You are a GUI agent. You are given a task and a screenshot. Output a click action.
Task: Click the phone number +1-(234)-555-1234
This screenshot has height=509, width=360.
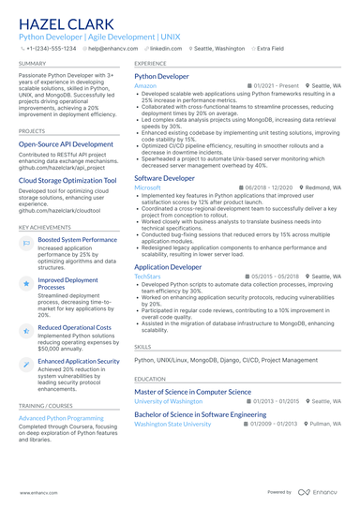(x=52, y=47)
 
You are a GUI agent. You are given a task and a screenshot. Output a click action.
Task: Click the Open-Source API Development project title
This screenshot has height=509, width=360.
(x=66, y=144)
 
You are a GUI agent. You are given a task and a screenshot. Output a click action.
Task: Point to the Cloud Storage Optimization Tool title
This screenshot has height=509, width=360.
(x=67, y=180)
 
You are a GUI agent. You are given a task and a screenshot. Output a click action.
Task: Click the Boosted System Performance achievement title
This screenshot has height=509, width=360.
(x=77, y=240)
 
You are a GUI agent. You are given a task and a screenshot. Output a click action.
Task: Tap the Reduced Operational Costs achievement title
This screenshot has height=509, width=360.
(x=74, y=328)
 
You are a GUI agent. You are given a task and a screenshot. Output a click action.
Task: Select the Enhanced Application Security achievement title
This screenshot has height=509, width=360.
(x=79, y=361)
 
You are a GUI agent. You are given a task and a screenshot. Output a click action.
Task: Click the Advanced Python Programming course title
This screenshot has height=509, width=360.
(x=61, y=417)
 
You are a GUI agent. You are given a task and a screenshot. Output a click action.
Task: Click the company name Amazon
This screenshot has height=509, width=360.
(x=145, y=85)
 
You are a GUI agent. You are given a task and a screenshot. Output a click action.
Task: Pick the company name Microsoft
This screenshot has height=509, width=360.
(x=148, y=187)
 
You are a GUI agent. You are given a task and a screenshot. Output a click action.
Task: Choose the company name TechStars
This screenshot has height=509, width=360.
(x=148, y=277)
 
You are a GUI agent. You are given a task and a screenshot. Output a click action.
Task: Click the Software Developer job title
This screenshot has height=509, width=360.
(x=165, y=177)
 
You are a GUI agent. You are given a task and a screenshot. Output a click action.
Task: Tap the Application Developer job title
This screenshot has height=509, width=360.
(x=168, y=266)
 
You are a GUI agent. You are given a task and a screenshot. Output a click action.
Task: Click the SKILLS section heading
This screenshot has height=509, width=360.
(x=143, y=346)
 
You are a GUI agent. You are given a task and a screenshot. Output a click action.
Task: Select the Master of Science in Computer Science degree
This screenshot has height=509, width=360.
(x=192, y=391)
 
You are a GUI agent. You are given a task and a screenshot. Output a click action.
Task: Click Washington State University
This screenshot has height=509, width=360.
(x=172, y=424)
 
